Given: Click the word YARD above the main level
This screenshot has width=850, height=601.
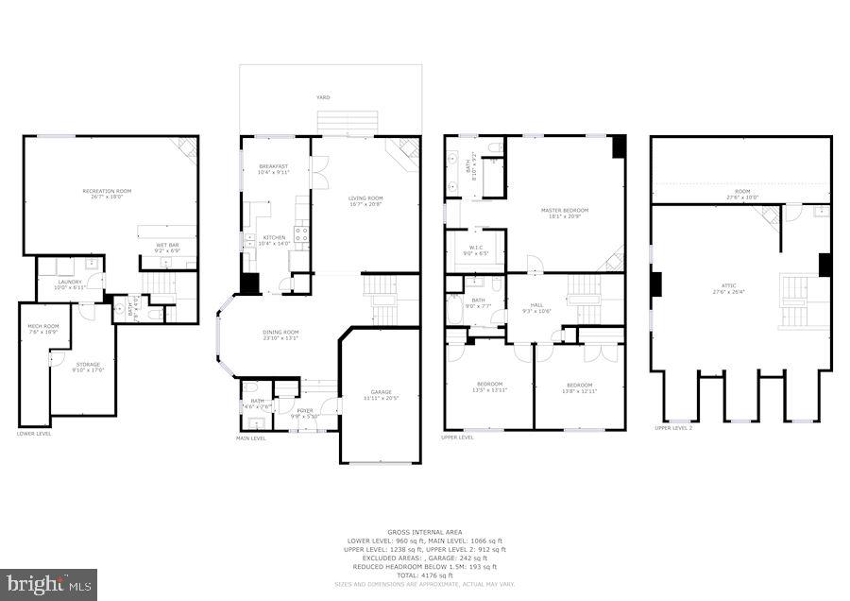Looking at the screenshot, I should coord(323,97).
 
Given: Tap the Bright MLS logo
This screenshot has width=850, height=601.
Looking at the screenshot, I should coord(49,584).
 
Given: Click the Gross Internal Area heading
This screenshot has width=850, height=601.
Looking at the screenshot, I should coord(423,533).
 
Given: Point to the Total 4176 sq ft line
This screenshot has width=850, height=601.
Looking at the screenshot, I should coord(424,575).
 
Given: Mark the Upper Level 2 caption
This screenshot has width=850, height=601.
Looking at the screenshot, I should coord(674,428).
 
